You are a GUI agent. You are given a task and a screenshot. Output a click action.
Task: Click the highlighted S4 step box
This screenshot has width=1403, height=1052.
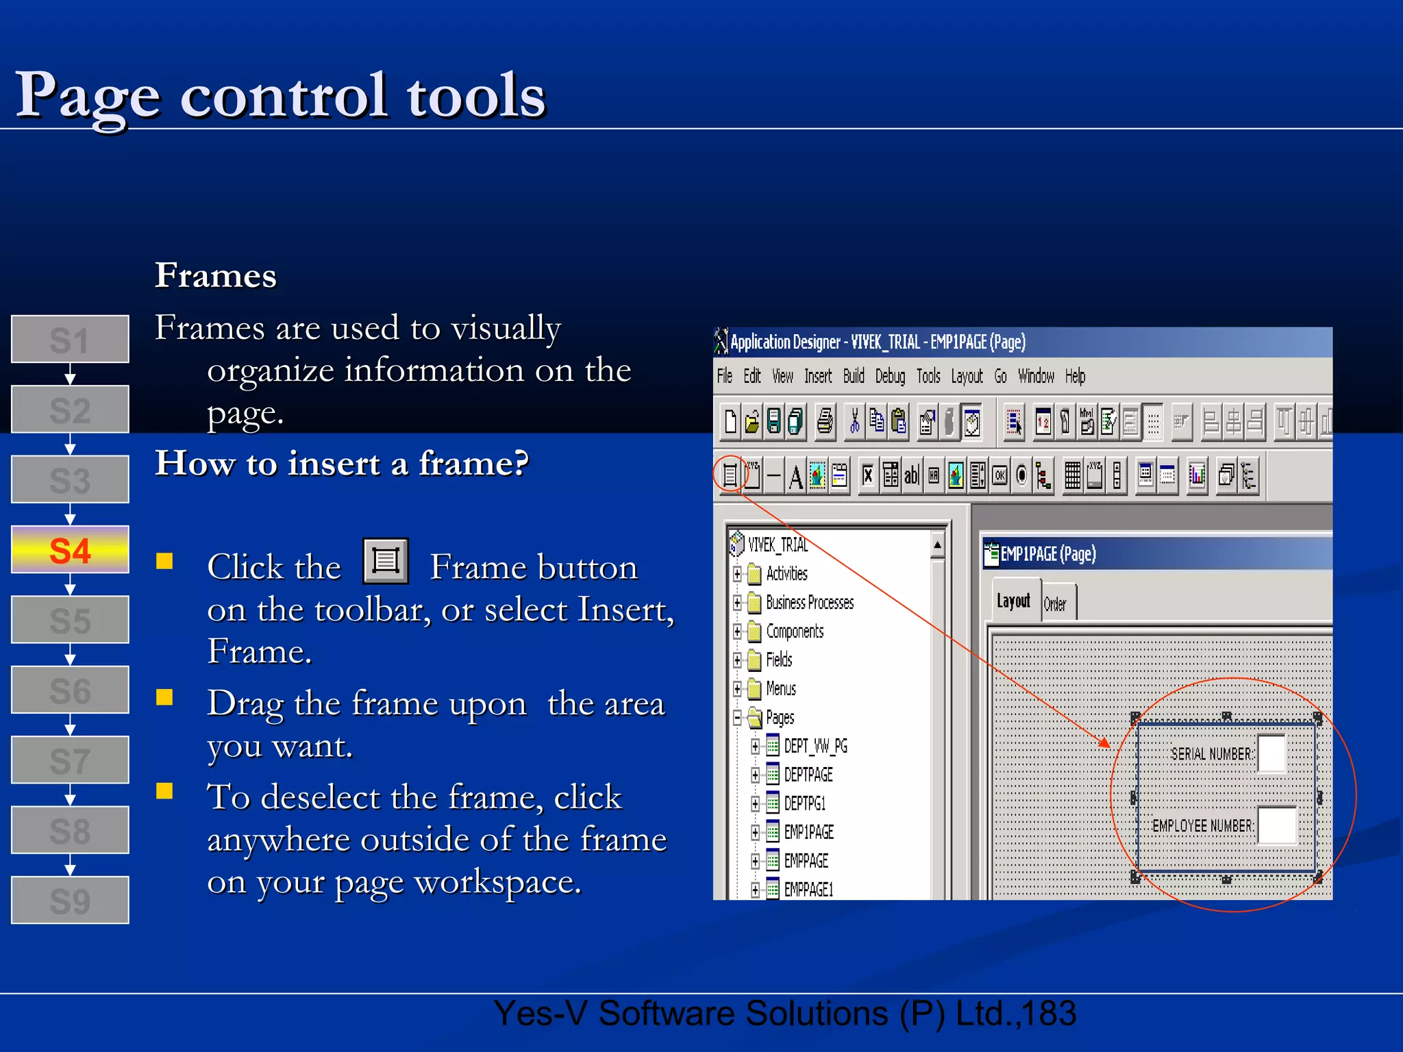click(x=70, y=550)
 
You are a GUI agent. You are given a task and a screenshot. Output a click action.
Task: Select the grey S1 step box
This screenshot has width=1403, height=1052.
click(x=70, y=339)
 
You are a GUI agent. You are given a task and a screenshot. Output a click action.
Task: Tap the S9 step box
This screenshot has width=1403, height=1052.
click(x=70, y=900)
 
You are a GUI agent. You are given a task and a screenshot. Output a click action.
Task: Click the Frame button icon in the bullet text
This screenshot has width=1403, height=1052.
click(x=386, y=561)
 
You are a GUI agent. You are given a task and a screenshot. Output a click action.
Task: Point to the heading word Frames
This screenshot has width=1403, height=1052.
click(x=215, y=275)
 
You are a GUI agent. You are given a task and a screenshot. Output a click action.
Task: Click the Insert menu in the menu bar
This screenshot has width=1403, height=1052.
click(x=818, y=376)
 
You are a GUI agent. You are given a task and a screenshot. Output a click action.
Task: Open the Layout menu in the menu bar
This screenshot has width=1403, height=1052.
click(x=967, y=376)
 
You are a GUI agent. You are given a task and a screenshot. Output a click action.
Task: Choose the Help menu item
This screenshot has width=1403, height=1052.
click(x=1075, y=376)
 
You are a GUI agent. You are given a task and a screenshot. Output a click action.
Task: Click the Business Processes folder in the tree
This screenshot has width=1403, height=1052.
click(x=809, y=603)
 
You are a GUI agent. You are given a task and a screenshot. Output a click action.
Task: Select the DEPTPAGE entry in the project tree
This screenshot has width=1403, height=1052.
click(x=808, y=775)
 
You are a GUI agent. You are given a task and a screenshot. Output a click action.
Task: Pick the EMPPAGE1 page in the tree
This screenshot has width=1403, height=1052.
click(x=808, y=890)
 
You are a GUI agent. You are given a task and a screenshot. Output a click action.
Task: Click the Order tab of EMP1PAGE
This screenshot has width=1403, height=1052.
click(x=1056, y=604)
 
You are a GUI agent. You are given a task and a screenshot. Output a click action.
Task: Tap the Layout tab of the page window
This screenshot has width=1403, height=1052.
click(x=1013, y=601)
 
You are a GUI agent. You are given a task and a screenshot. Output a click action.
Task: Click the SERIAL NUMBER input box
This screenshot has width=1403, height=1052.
click(x=1271, y=753)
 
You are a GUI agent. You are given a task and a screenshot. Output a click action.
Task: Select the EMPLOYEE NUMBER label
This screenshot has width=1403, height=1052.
click(x=1203, y=826)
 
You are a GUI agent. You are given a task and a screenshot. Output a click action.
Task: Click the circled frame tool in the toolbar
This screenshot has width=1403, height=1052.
click(x=730, y=475)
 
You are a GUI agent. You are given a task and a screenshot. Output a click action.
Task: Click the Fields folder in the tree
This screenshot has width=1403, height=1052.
click(x=779, y=660)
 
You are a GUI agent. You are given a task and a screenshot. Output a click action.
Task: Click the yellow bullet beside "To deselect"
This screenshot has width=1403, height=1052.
click(x=164, y=791)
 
